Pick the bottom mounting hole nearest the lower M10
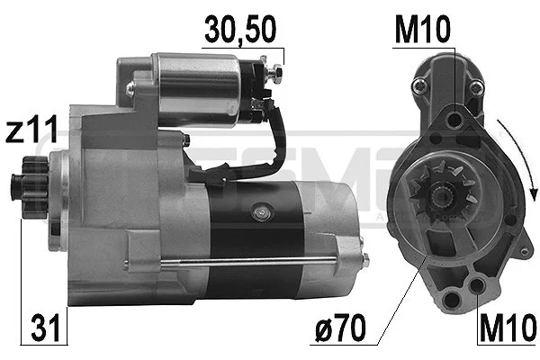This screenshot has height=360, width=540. (x=476, y=286)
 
